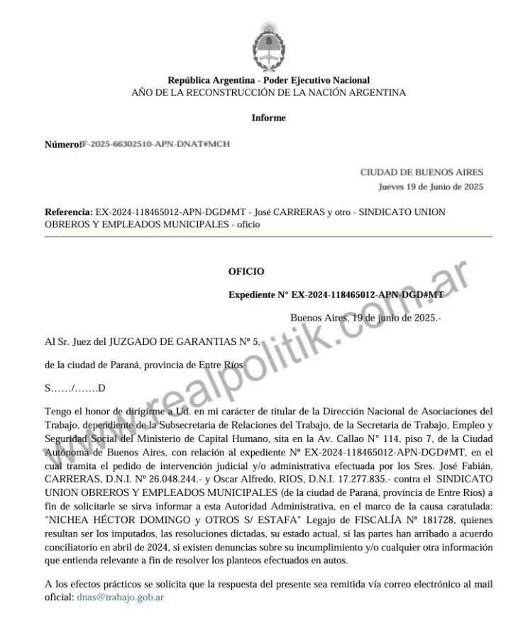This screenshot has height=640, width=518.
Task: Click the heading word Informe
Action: click(x=268, y=118)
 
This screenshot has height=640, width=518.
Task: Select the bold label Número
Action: click(x=62, y=144)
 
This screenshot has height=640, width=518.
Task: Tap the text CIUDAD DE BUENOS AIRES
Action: click(x=421, y=172)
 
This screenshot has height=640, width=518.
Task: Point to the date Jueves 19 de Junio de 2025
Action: click(x=430, y=187)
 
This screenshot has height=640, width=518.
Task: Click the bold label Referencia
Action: click(x=68, y=211)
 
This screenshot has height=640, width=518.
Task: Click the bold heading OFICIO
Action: click(x=246, y=271)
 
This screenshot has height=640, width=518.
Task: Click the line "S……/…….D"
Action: click(x=75, y=387)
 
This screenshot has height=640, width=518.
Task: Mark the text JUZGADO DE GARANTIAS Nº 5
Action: click(x=184, y=341)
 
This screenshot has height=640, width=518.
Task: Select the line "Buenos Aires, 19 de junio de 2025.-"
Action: click(x=365, y=317)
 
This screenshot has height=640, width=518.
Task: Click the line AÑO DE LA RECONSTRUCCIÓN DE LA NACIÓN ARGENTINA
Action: click(x=268, y=92)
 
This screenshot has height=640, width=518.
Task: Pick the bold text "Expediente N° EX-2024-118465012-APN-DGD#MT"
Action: click(x=336, y=294)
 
